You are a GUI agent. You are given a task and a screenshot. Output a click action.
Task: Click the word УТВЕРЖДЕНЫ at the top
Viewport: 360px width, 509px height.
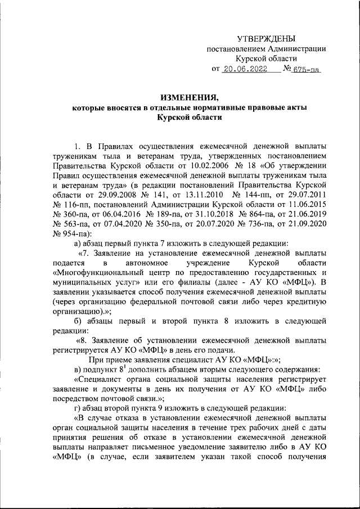[266, 38]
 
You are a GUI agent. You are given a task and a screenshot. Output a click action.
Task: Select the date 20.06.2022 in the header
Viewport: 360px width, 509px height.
[244, 70]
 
